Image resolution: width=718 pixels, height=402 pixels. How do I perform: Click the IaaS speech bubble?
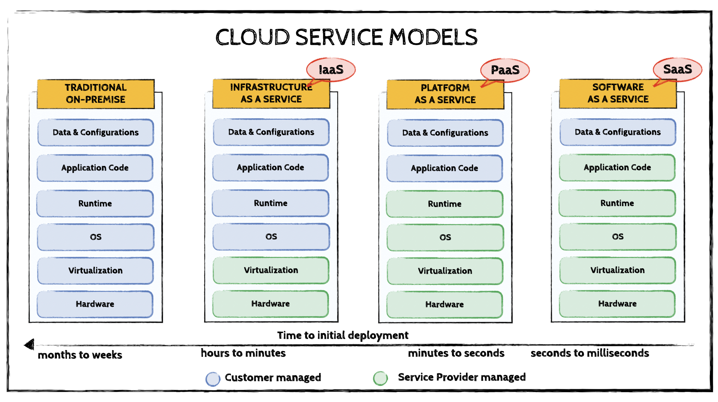[x=331, y=70]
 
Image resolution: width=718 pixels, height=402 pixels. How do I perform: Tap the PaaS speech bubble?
[x=505, y=70]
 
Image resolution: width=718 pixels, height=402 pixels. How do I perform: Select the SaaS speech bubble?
[x=677, y=69]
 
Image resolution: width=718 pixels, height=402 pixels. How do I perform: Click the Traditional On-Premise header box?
[x=96, y=94]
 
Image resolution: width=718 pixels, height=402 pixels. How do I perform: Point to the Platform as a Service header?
[x=445, y=94]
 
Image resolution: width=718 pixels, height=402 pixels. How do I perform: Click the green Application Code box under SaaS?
[x=617, y=167]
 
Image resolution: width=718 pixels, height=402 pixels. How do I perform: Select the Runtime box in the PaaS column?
[x=445, y=204]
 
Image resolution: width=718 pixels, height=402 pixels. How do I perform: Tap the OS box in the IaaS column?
[x=271, y=237]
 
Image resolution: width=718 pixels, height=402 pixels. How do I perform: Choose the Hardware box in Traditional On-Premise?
[x=95, y=304]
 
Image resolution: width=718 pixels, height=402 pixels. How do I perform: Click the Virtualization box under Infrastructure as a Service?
[x=271, y=270]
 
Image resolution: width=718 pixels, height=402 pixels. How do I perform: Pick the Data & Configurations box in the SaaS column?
[x=617, y=132]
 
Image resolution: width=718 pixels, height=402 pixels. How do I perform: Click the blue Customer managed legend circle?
[x=213, y=379]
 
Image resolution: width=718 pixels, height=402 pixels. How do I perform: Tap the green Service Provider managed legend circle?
[x=380, y=378]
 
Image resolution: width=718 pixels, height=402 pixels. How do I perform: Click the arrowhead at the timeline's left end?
[x=29, y=344]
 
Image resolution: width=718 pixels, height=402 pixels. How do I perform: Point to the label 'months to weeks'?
[x=80, y=355]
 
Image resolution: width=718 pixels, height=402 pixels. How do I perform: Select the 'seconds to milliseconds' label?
[x=590, y=353]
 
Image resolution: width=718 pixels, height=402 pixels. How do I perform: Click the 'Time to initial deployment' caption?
[x=342, y=335]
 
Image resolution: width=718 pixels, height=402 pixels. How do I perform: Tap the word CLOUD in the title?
[x=252, y=37]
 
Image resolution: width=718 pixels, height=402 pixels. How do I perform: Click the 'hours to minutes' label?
[x=243, y=353]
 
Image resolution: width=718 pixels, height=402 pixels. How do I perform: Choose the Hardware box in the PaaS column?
[x=445, y=305]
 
